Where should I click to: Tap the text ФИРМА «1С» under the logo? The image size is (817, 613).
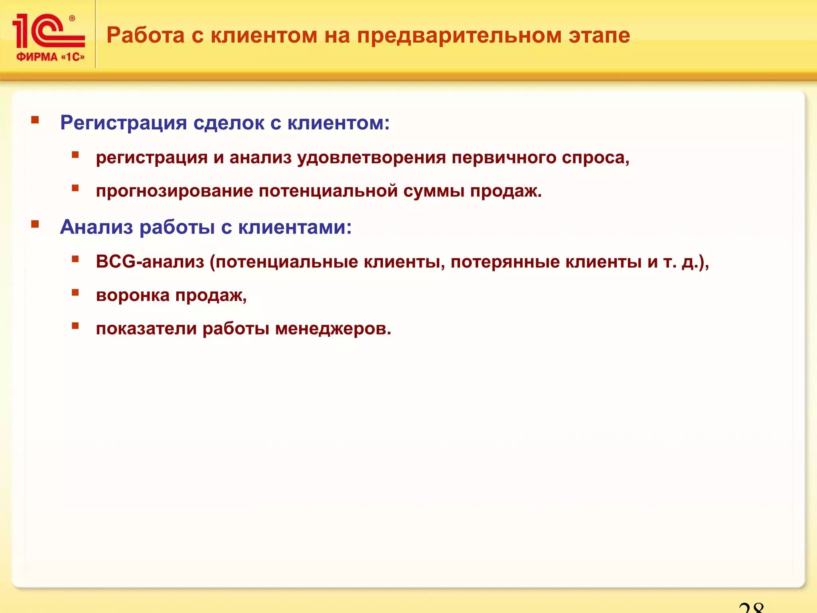51,57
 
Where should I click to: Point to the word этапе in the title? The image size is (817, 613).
599,36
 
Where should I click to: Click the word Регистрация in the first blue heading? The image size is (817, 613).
123,123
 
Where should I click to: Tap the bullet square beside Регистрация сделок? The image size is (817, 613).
35,120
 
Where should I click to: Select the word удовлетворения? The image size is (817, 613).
371,158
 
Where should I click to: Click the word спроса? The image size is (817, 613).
595,158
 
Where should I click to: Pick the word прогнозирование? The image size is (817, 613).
174,191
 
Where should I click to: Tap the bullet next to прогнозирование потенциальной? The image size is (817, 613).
75,188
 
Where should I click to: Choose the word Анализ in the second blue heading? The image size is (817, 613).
96,227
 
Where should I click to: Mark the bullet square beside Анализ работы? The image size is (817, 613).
35,224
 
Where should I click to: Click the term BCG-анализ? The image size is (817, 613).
150,262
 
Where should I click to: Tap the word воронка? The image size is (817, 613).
133,295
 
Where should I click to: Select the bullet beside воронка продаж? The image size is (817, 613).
75,293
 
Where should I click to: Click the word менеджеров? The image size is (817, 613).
332,329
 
